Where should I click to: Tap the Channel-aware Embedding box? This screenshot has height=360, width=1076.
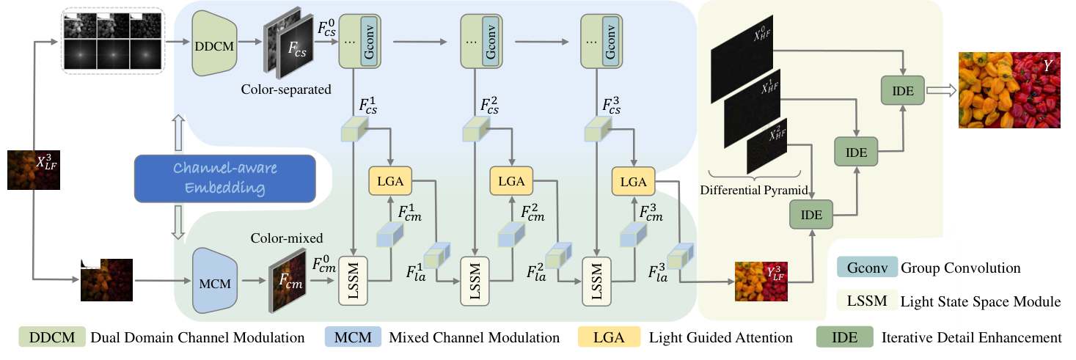224,177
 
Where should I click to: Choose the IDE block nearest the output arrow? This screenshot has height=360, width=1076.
902,91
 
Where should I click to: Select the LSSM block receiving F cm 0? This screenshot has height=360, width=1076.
356,280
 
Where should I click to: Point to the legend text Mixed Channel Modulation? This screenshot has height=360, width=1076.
475,338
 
